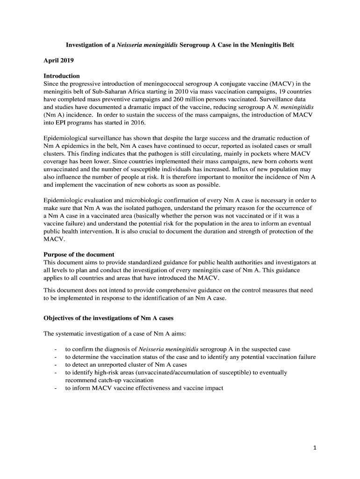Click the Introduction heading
(x=62, y=76)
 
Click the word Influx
(x=235, y=169)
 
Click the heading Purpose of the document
(x=79, y=254)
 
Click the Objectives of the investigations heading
(x=108, y=318)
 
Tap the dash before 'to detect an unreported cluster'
(x=56, y=365)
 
